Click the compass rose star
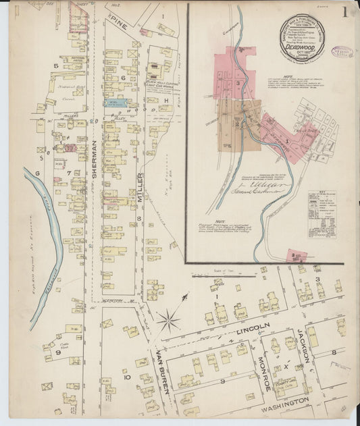[x=168, y=318]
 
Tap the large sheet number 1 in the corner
[x=344, y=11]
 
